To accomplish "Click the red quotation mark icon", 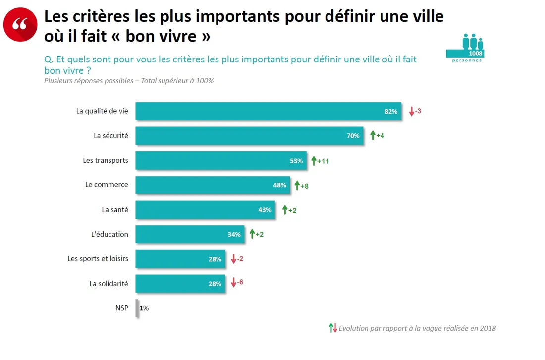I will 20,24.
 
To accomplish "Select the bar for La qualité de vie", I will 268,111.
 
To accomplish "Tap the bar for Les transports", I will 220,161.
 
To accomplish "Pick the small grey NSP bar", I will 137,308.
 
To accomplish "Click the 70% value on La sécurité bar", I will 353,136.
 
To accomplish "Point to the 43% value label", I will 265,210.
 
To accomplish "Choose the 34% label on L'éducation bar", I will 234,235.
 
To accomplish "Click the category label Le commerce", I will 107,185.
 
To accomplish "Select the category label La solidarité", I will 109,284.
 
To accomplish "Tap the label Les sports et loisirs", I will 98,259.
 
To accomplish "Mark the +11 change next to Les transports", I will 323,161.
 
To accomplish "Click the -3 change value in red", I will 418,111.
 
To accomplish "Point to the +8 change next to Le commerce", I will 305,186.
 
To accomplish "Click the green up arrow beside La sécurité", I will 373,135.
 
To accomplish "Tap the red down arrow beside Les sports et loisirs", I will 233,259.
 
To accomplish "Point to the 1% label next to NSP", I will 144,308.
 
